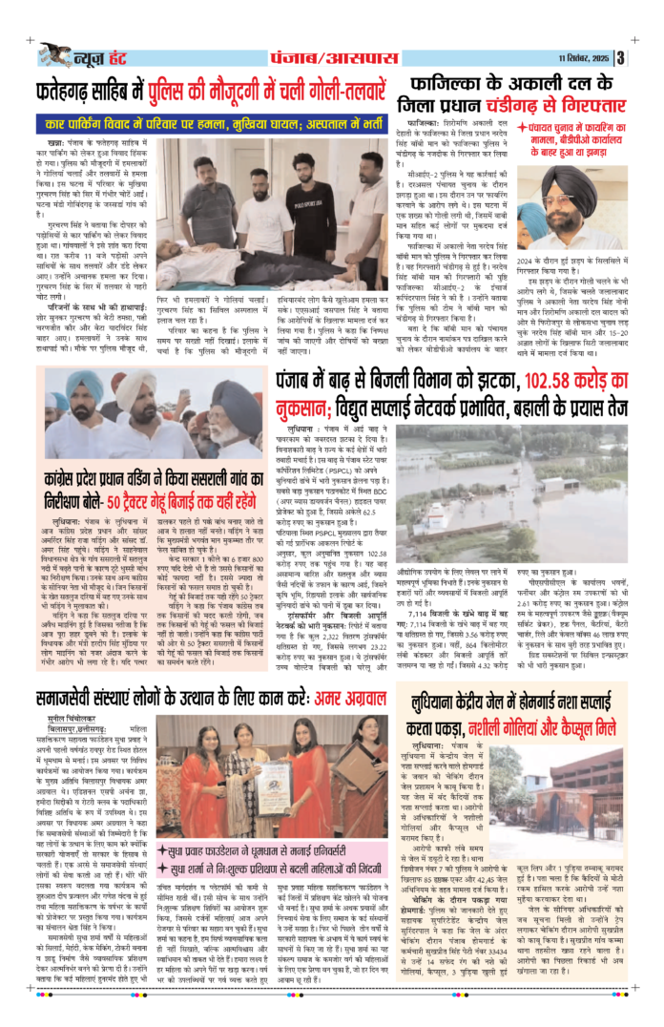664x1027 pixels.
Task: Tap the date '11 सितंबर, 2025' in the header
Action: (x=583, y=56)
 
